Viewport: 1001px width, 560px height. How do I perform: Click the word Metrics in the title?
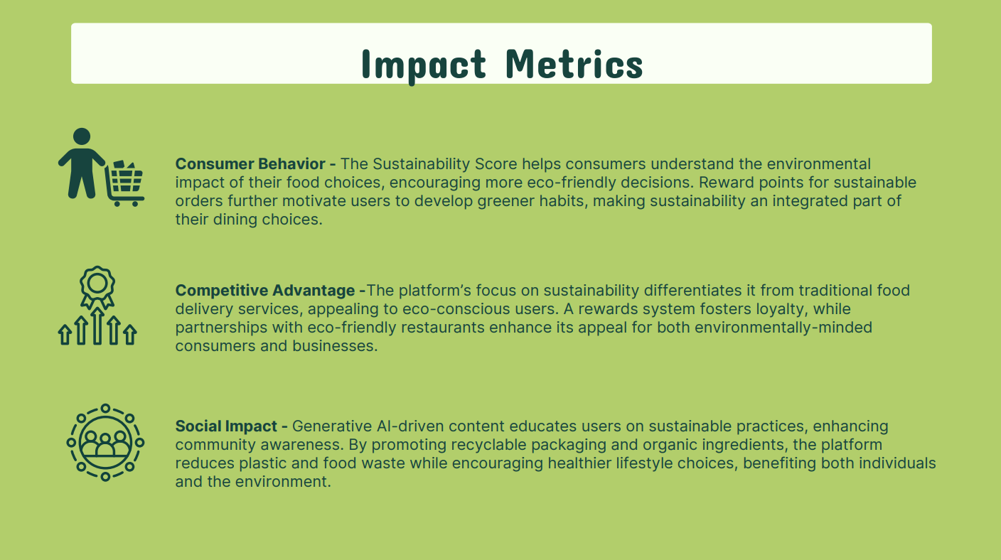point(574,64)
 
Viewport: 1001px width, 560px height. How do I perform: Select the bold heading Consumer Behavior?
point(250,164)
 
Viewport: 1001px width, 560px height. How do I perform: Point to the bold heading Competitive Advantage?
point(265,290)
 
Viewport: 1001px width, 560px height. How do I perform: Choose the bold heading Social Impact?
point(226,426)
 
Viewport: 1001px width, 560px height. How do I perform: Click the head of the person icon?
point(81,136)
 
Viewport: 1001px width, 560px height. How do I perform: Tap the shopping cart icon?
point(124,183)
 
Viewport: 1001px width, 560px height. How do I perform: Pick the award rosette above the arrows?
point(97,286)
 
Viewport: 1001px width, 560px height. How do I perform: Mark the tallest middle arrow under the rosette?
point(97,326)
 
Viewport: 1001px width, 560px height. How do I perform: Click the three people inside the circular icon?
point(105,444)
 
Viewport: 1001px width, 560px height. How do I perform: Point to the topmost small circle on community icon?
point(105,408)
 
